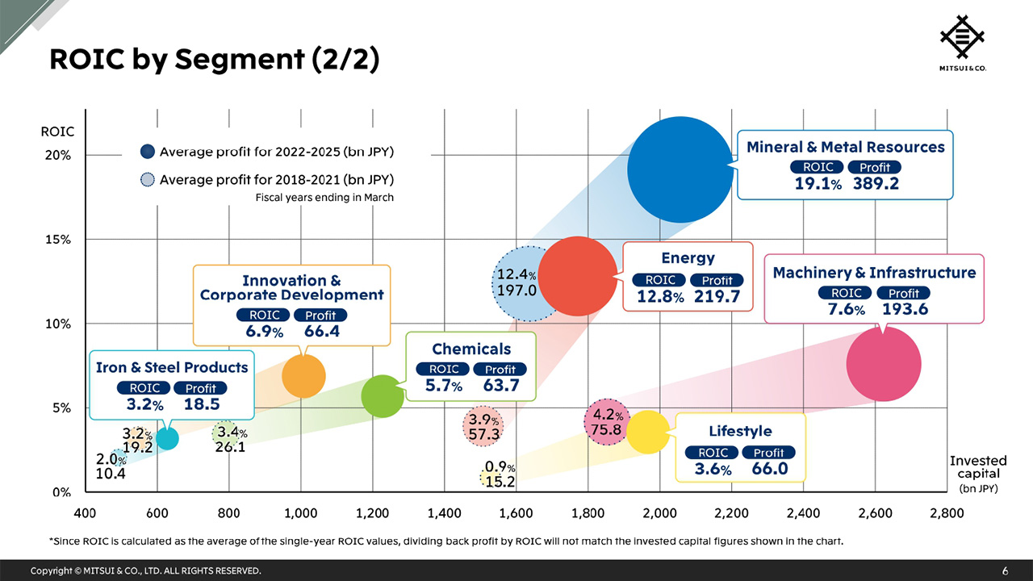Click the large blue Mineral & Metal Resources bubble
(680, 169)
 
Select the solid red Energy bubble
(577, 276)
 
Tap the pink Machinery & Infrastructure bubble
(883, 363)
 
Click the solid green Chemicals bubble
(383, 396)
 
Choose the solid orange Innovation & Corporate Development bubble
(303, 375)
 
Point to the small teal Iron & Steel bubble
(167, 438)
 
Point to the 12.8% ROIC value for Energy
(659, 296)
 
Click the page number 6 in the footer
(1005, 571)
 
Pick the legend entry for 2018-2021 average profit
(266, 179)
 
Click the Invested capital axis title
(977, 467)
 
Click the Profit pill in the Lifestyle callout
(768, 453)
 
